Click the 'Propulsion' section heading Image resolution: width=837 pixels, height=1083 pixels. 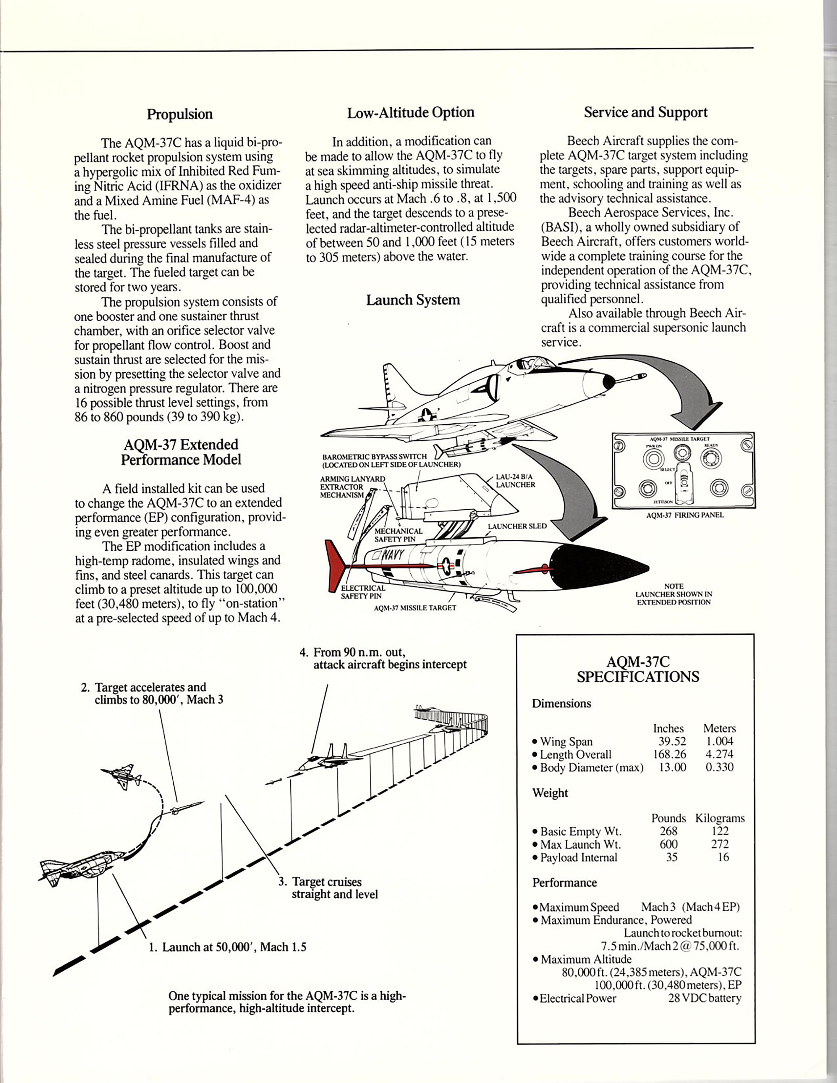click(x=180, y=115)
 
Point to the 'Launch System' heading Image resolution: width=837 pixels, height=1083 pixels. click(x=413, y=300)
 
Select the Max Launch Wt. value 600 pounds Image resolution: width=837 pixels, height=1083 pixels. click(x=668, y=844)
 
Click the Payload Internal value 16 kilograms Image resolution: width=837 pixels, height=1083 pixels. click(x=723, y=857)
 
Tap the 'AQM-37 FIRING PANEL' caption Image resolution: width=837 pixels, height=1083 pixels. click(x=685, y=515)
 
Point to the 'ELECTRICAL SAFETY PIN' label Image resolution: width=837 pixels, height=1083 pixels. click(x=362, y=592)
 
